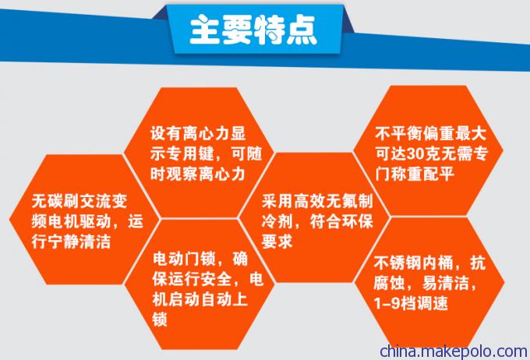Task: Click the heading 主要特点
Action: pyautogui.click(x=253, y=30)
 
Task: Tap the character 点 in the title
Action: pyautogui.click(x=302, y=30)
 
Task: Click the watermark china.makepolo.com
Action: pyautogui.click(x=454, y=351)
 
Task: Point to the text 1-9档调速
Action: pyautogui.click(x=411, y=303)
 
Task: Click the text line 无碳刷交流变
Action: pyautogui.click(x=79, y=202)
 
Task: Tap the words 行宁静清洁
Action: pyautogui.click(x=71, y=242)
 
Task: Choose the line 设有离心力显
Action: pyautogui.click(x=198, y=134)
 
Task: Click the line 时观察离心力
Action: pyautogui.click(x=198, y=175)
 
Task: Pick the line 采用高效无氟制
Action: pyautogui.click(x=317, y=202)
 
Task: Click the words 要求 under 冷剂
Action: pyautogui.click(x=277, y=242)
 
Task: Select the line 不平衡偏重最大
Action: pyautogui.click(x=430, y=134)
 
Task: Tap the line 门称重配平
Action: pyautogui.click(x=415, y=175)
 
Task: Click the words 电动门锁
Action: pyautogui.click(x=184, y=259)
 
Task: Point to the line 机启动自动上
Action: pyautogui.click(x=200, y=300)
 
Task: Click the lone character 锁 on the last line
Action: pyautogui.click(x=160, y=319)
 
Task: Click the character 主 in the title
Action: pyautogui.click(x=205, y=30)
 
